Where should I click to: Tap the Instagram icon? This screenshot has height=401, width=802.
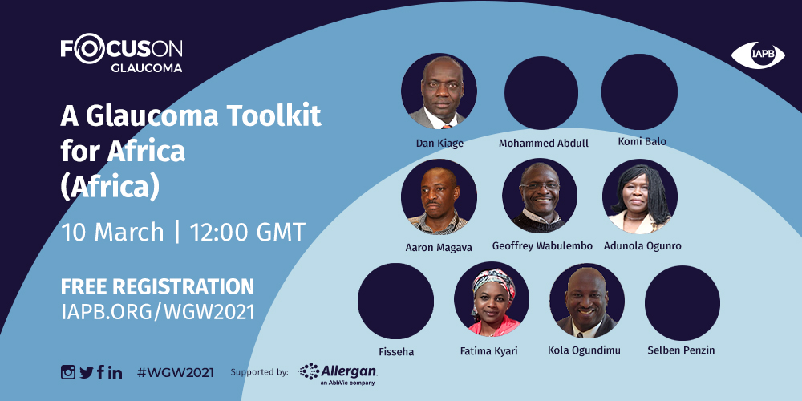[x=68, y=372]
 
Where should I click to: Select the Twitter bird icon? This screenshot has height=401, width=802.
[x=87, y=372]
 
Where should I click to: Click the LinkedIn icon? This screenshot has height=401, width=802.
[x=115, y=372]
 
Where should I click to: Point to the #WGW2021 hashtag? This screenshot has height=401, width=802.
[x=176, y=372]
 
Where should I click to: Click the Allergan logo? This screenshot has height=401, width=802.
[x=338, y=374]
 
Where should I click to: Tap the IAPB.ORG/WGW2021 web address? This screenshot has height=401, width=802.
[x=157, y=312]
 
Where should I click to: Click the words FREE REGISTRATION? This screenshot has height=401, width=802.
[x=157, y=286]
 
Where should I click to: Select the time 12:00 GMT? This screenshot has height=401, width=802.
[x=248, y=233]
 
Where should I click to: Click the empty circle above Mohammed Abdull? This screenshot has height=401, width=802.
[x=541, y=92]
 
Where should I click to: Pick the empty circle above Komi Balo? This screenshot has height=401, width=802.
[x=639, y=91]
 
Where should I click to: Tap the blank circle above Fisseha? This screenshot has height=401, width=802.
[x=395, y=301]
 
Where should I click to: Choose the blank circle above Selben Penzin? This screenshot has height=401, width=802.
[x=683, y=303]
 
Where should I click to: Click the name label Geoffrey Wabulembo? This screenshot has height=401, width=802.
[x=542, y=246]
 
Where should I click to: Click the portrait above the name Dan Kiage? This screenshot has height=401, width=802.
[x=439, y=92]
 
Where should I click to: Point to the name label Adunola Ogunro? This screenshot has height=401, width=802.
[x=642, y=246]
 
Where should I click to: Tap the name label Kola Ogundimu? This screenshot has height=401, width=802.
[x=584, y=350]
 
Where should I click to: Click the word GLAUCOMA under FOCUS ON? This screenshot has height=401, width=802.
[x=146, y=68]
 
